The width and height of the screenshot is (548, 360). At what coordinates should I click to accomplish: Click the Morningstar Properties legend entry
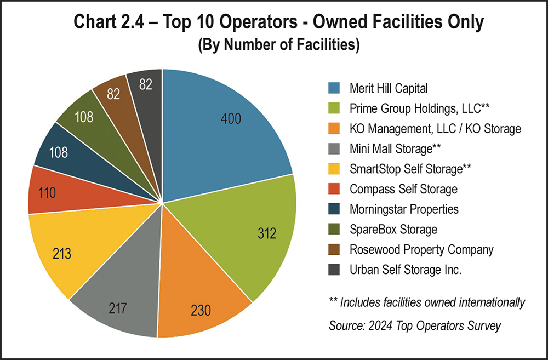point(404,209)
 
